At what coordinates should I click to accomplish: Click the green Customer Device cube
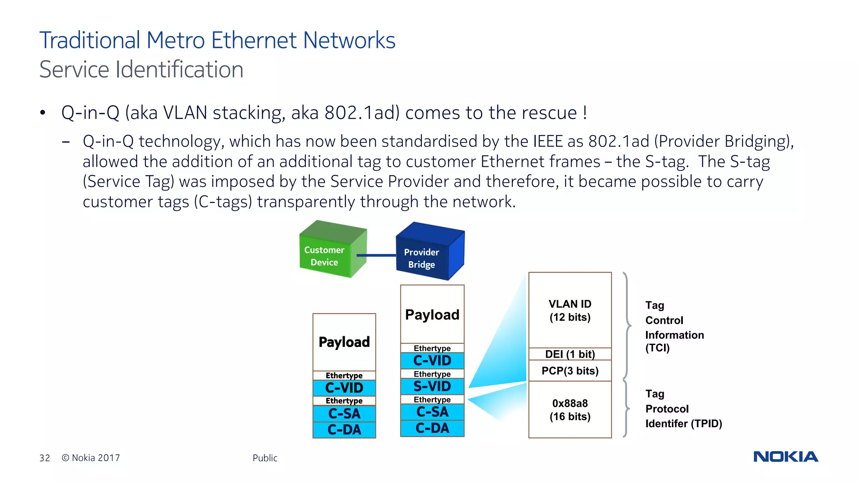[x=331, y=252]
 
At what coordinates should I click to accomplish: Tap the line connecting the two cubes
[x=376, y=255]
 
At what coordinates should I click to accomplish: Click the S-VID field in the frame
[x=432, y=386]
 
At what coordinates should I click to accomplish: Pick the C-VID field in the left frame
[x=344, y=387]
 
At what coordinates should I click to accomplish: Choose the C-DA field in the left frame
[x=344, y=430]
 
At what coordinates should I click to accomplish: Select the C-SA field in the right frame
[x=432, y=412]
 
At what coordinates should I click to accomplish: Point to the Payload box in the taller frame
[x=432, y=314]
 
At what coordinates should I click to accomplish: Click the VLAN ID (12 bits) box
[x=570, y=310]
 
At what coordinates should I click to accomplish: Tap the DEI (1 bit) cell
[x=570, y=354]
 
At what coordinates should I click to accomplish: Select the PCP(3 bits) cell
[x=570, y=371]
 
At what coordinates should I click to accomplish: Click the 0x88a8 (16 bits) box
[x=570, y=410]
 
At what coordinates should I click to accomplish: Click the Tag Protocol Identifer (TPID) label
[x=683, y=409]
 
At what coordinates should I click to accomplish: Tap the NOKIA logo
[x=786, y=457]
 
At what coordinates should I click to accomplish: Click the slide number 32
[x=45, y=458]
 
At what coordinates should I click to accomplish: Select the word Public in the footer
[x=265, y=458]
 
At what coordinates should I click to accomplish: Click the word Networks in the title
[x=349, y=41]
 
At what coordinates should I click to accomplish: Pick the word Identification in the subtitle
[x=179, y=70]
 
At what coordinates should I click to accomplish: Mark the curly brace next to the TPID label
[x=626, y=409]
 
